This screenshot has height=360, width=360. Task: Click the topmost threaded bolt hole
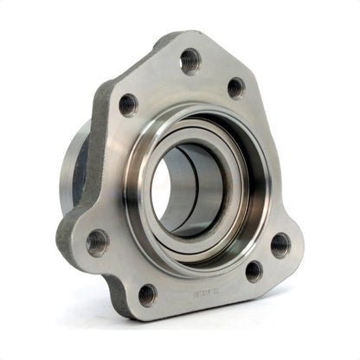point(190,61)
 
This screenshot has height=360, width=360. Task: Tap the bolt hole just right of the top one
point(235,87)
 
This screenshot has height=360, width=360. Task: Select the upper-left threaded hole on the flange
point(128,105)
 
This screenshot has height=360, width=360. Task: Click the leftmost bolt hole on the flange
point(97,241)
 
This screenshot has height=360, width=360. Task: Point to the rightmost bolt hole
point(280,245)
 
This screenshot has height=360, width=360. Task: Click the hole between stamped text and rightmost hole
point(254,271)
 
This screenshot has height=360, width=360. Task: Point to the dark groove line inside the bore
point(201,190)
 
